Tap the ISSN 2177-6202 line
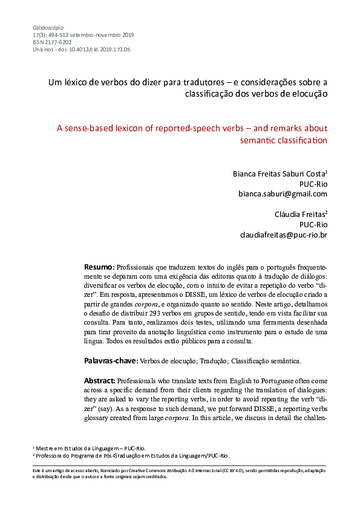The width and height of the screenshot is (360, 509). pos(51,42)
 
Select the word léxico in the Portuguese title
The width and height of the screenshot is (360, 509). pos(76,82)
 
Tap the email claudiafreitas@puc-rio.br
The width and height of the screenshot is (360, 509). pos(284,235)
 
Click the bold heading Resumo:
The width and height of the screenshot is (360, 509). pos(99,267)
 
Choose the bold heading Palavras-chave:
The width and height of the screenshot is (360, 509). pos(111,361)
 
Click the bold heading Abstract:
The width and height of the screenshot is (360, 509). pos(100,381)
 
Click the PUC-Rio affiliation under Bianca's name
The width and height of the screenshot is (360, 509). pos(313,184)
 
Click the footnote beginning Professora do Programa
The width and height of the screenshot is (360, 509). pos(131,456)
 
